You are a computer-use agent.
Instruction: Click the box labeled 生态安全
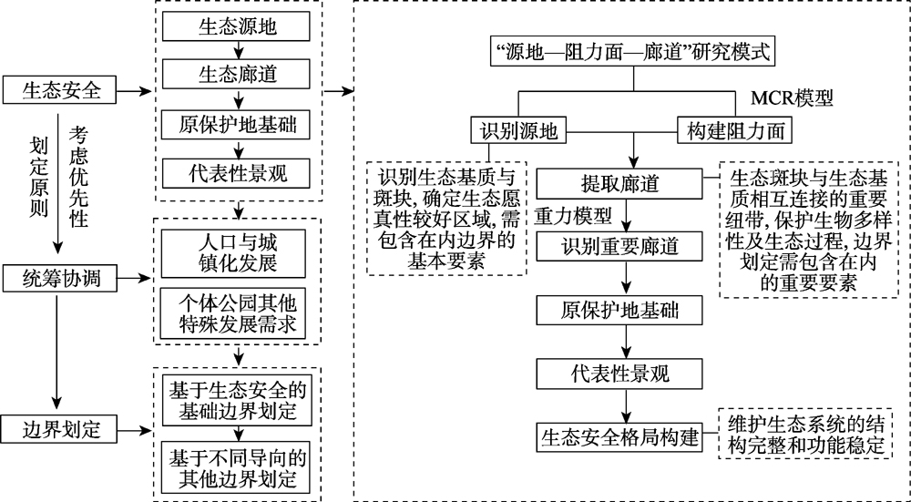click(60, 90)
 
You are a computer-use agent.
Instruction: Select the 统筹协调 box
click(60, 280)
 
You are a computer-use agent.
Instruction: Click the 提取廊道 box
click(621, 182)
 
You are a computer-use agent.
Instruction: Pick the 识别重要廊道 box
click(621, 246)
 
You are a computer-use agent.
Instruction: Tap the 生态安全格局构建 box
click(620, 435)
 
